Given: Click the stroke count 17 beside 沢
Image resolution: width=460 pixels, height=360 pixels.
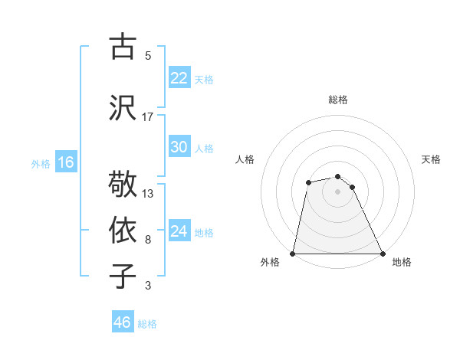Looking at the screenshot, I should coord(148,116).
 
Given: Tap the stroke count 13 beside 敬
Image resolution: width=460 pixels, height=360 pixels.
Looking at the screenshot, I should coord(148,193).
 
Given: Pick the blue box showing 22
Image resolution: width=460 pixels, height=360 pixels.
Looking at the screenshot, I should coord(179,78).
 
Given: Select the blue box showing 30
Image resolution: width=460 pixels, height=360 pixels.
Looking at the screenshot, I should coord(179,148).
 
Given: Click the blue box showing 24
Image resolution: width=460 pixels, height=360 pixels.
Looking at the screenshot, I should coord(179,231).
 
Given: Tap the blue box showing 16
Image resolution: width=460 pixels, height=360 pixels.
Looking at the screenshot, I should coord(65,162).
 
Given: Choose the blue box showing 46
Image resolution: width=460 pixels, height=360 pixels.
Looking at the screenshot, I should coord(123,322).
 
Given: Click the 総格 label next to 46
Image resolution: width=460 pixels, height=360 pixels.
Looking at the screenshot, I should coord(148,324).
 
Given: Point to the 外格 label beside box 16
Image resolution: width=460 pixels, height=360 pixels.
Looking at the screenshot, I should coord(41,163).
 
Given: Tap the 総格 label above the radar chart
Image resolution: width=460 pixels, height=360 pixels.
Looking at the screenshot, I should coord(338,100).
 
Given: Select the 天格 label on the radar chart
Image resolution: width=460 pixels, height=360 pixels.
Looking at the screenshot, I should coord(431,159).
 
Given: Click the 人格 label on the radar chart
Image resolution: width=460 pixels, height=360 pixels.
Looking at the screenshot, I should coord(245,159).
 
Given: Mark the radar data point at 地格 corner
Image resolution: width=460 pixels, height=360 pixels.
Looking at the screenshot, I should coord(382,253).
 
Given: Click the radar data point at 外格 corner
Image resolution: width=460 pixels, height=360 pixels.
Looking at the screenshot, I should coord(293,253).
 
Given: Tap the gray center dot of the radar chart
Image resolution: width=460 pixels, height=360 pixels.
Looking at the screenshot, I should coord(337,191).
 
